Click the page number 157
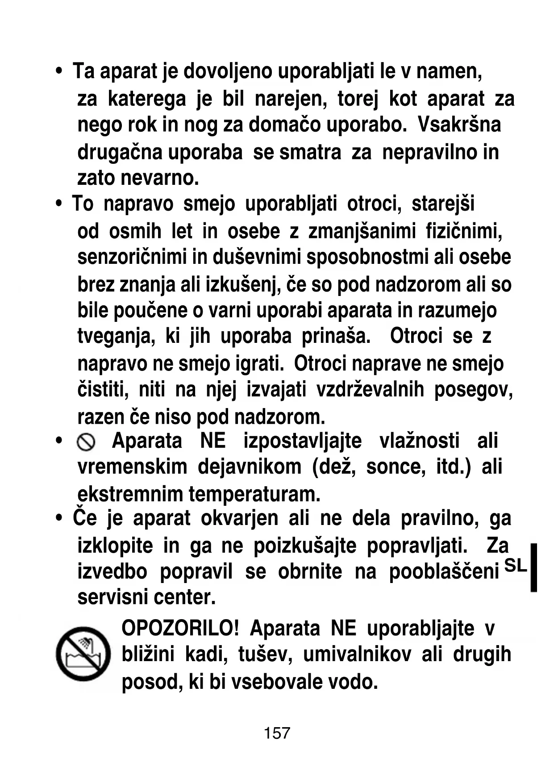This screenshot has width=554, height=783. tap(277, 733)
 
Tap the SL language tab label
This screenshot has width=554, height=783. tap(515, 566)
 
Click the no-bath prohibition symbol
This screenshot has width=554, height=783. tap(83, 654)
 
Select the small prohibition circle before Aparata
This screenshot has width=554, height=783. tap(86, 442)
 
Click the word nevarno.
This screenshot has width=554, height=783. tap(159, 179)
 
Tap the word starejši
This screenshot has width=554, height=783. tap(443, 204)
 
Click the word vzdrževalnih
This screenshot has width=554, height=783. tap(370, 390)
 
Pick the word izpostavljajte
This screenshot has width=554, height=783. tap(303, 441)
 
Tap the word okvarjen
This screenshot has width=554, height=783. tap(239, 519)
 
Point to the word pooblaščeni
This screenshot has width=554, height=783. tap(444, 572)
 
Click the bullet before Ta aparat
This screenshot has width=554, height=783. tap(58, 71)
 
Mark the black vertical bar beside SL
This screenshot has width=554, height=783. tap(533, 567)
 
